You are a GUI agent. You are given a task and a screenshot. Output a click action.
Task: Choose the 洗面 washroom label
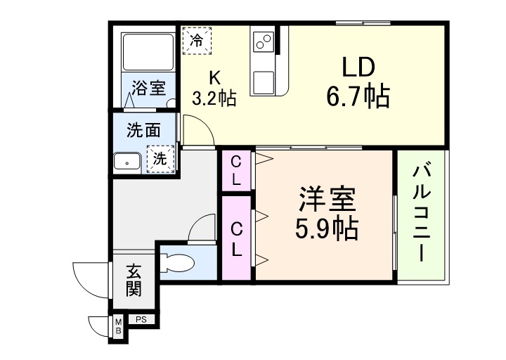(x=143, y=130)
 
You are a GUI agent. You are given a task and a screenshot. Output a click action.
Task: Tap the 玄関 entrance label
(x=134, y=280)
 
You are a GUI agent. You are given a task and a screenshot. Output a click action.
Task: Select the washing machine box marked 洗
(x=160, y=159)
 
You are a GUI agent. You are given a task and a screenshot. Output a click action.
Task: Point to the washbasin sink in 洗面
(x=127, y=162)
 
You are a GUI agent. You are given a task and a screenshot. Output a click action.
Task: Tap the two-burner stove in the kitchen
(x=264, y=42)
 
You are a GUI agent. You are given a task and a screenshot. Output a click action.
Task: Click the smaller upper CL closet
(x=236, y=170)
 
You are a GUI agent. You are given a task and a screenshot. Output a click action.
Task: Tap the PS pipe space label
(x=141, y=320)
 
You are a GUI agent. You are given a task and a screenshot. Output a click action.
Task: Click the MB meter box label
(x=118, y=326)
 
